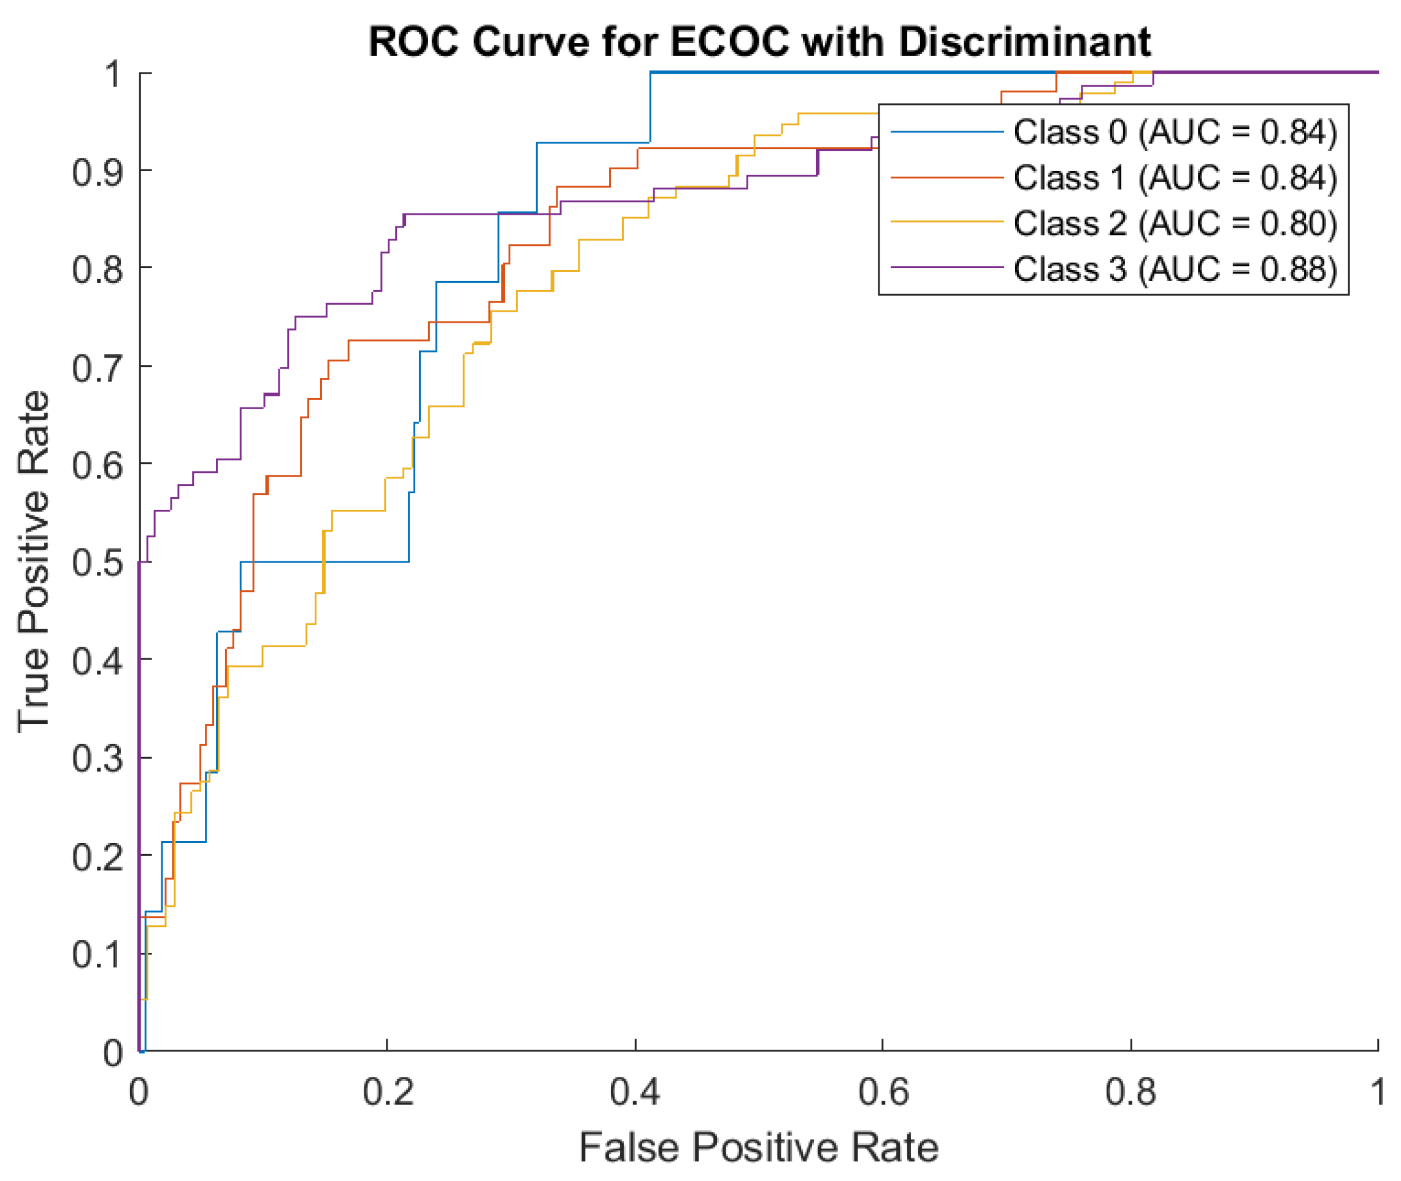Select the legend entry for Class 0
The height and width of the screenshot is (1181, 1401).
[x=1175, y=132]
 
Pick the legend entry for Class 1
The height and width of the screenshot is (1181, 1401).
[x=1175, y=177]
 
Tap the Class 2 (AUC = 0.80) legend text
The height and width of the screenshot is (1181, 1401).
[x=1175, y=223]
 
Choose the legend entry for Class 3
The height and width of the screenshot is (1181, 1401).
[x=1175, y=269]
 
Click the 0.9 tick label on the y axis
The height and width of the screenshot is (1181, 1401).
[x=97, y=172]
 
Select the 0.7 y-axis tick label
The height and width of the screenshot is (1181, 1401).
[x=97, y=367]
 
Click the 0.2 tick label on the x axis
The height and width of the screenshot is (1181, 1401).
[x=388, y=1092]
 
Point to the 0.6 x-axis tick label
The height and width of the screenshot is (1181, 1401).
[x=883, y=1092]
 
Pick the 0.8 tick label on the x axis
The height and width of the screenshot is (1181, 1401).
[x=1130, y=1092]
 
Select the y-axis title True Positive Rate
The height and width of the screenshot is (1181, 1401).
[x=34, y=561]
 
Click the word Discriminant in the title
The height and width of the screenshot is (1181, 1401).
[x=1024, y=42]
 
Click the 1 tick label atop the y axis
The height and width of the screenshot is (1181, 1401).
[x=112, y=74]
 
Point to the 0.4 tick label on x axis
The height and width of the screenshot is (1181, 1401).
[x=635, y=1092]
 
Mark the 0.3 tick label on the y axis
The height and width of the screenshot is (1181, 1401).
[x=97, y=758]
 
